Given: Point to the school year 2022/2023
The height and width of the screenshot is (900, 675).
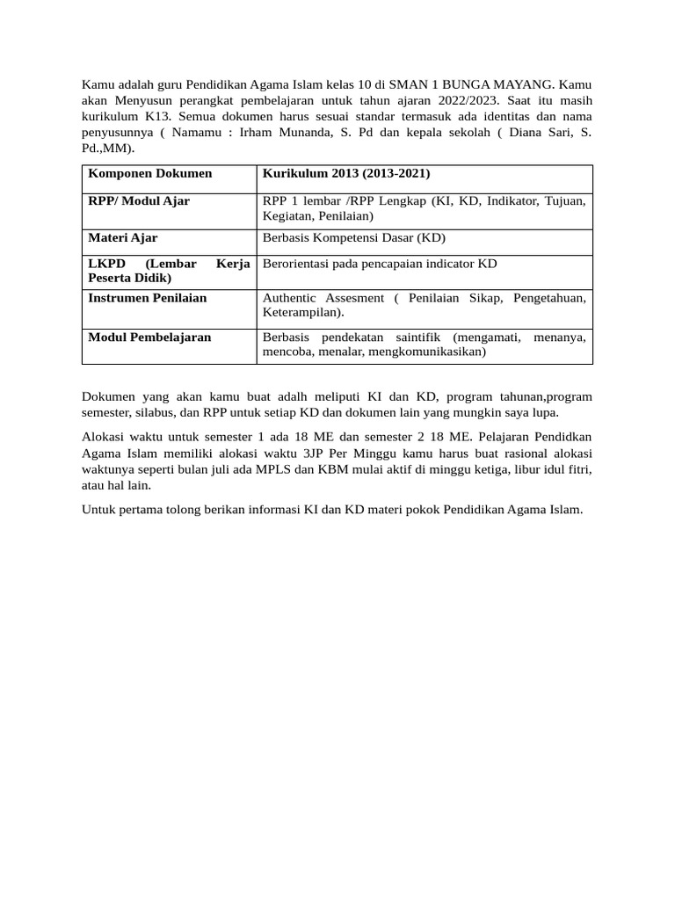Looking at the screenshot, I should tap(463, 100).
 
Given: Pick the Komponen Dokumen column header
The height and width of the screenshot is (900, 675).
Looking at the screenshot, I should tap(150, 173).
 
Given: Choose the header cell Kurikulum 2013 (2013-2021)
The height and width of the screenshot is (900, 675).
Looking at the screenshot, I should tap(347, 173).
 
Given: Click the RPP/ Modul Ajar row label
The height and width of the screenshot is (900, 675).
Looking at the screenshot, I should tap(139, 201).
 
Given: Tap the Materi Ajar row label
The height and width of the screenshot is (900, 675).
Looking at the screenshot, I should tap(123, 237).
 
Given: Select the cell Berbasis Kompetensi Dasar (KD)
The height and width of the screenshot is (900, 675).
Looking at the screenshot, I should tap(354, 237).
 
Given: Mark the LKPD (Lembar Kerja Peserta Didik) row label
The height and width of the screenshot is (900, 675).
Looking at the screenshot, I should tap(169, 271).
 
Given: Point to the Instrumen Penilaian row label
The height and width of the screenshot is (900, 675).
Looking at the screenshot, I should tap(148, 298).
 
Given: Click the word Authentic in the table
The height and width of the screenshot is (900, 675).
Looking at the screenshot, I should tap(292, 298).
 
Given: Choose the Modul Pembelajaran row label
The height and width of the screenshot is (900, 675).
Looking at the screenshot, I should tap(150, 337).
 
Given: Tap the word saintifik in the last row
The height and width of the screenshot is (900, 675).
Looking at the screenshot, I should tap(419, 337).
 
